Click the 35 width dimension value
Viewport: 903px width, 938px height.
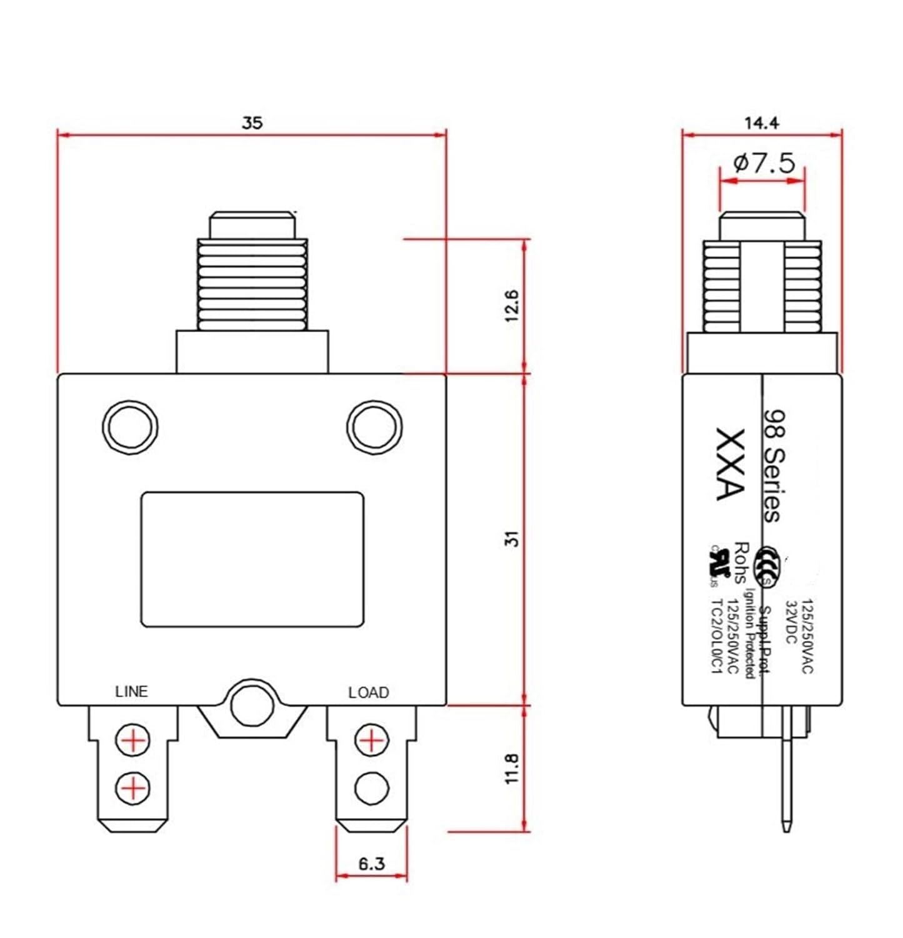pyautogui.click(x=252, y=123)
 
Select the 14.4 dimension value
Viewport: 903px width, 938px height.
pyautogui.click(x=761, y=123)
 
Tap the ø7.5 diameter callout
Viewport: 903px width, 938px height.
pyautogui.click(x=764, y=164)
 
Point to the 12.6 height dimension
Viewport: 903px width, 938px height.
pyautogui.click(x=512, y=306)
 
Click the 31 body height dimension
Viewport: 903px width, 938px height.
pyautogui.click(x=512, y=538)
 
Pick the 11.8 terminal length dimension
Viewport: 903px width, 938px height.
pyautogui.click(x=512, y=769)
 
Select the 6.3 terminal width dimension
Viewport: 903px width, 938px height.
pyautogui.click(x=371, y=864)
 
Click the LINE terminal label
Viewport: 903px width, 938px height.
pyautogui.click(x=131, y=692)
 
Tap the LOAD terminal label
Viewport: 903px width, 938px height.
pyautogui.click(x=368, y=692)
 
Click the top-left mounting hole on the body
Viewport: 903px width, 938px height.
pyautogui.click(x=129, y=428)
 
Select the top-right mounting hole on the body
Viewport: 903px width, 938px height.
pyautogui.click(x=374, y=428)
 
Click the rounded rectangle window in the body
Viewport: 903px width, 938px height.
pyautogui.click(x=252, y=559)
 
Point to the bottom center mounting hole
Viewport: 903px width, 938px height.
pyautogui.click(x=252, y=705)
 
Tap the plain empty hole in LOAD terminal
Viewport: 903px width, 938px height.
pyautogui.click(x=371, y=789)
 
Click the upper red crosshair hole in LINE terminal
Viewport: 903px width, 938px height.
pyautogui.click(x=132, y=741)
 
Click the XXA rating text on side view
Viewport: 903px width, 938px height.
pyautogui.click(x=729, y=464)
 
